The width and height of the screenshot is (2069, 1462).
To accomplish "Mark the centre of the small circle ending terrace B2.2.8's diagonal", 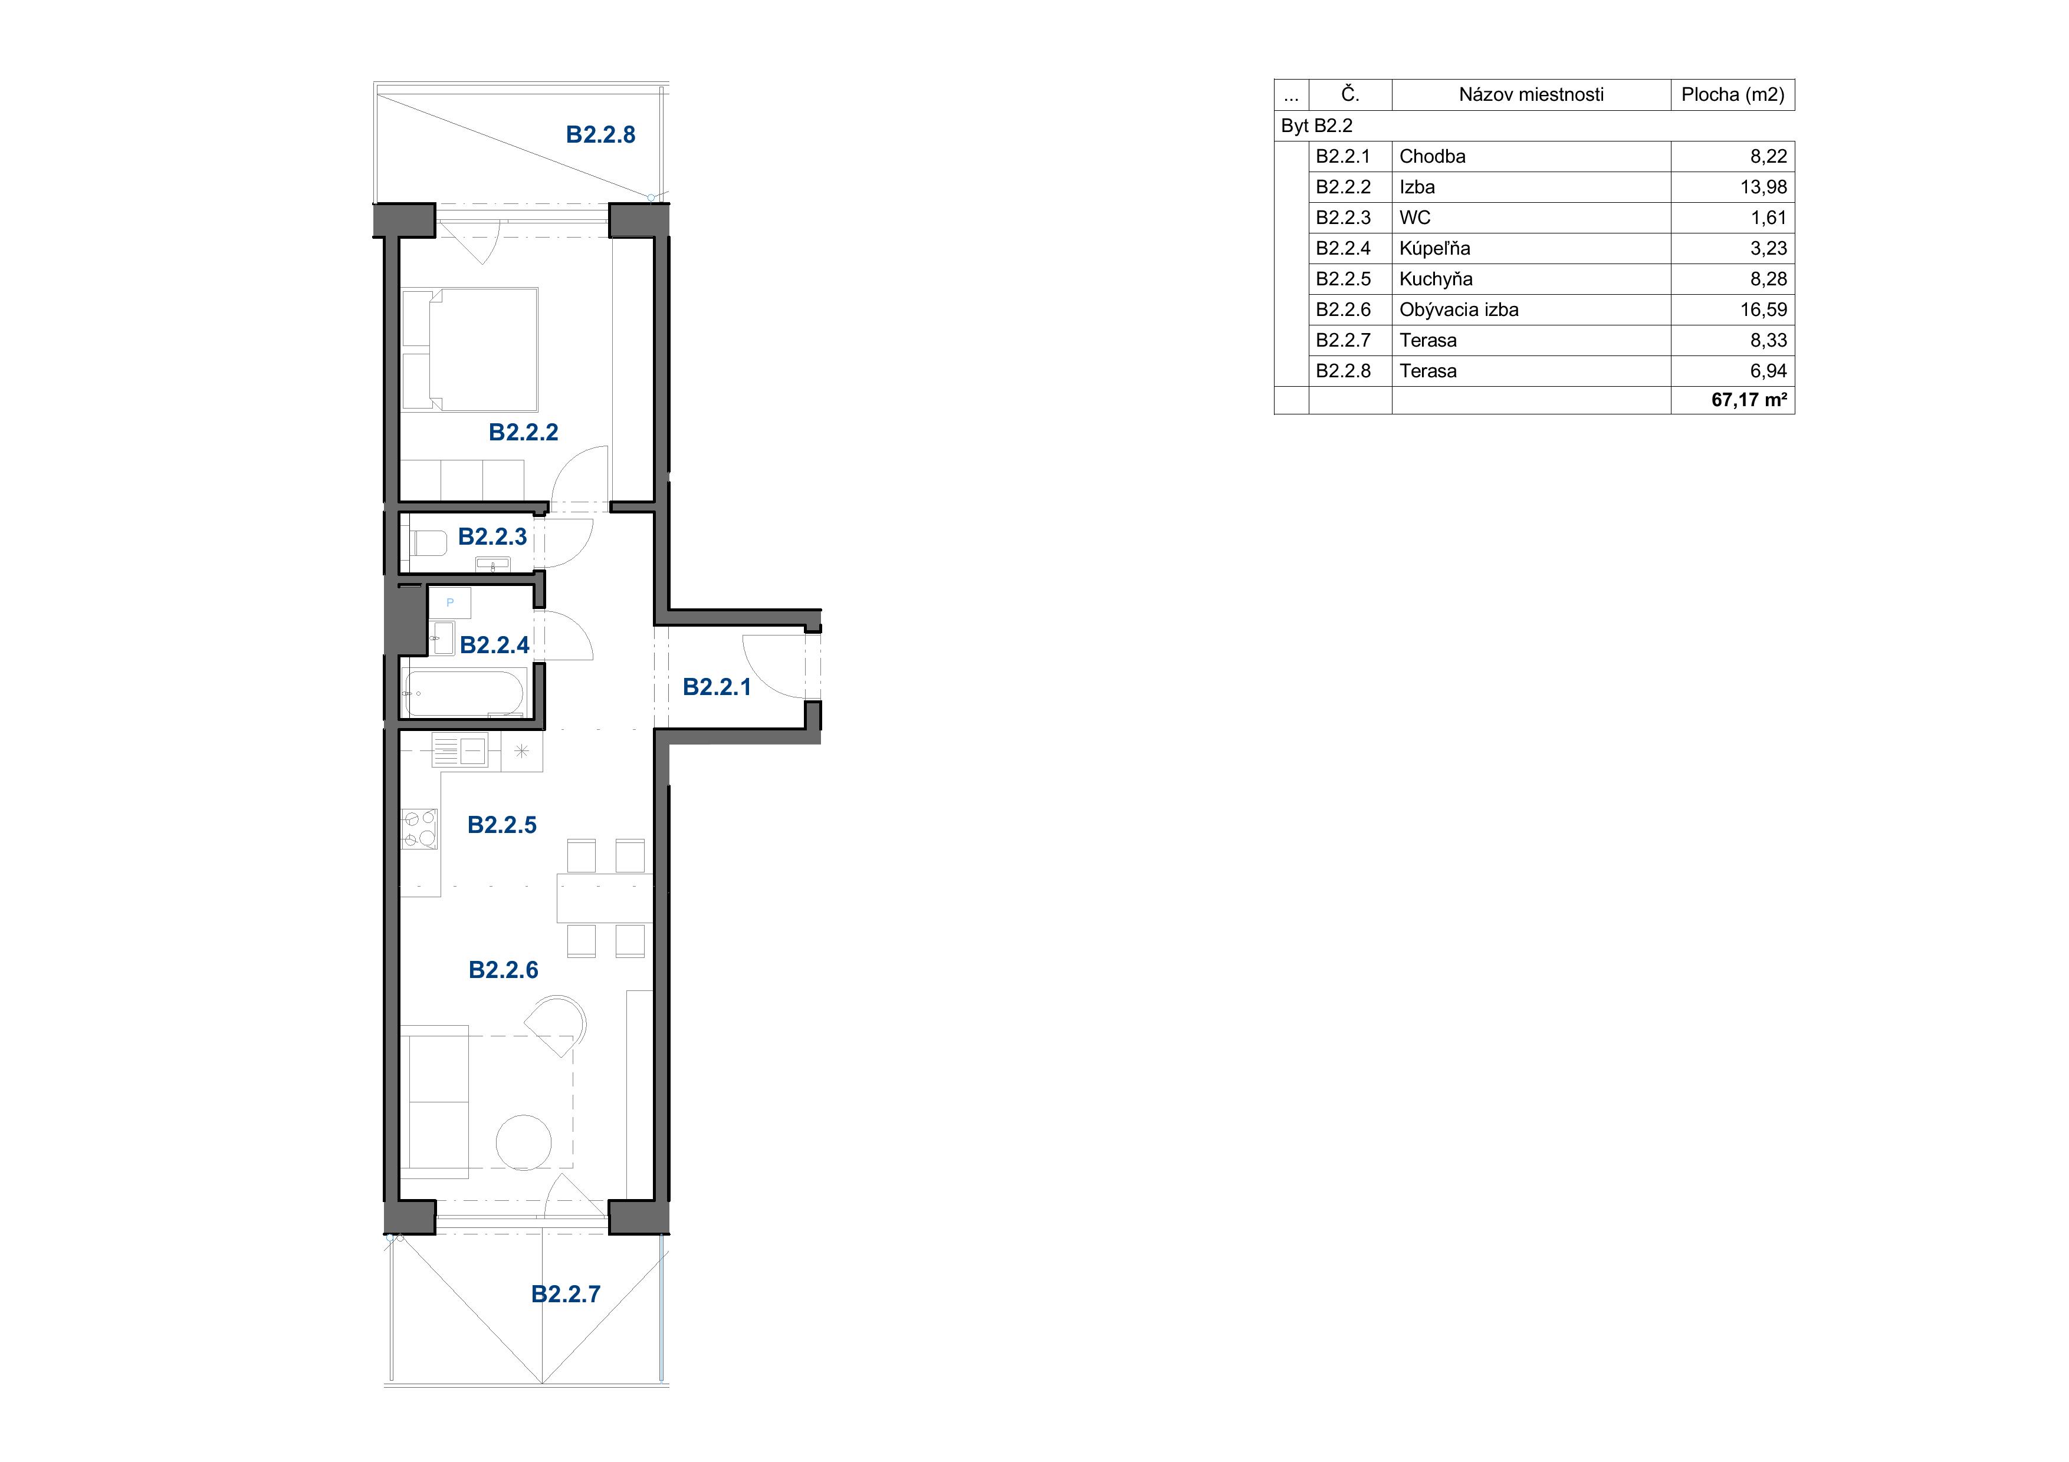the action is coord(651,196).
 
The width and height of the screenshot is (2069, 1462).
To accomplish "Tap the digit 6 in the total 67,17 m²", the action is coord(1717,400).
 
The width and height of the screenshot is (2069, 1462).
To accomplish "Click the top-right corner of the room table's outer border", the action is coord(1794,79).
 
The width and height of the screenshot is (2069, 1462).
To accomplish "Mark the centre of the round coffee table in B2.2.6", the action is coord(524,1142).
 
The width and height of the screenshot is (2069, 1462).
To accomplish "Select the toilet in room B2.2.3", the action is coord(429,543).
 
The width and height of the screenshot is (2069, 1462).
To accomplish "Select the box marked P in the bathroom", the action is coord(449,602).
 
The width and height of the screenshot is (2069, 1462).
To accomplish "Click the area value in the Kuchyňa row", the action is coord(1768,279).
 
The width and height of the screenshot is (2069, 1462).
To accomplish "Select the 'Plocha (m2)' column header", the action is coord(1732,94).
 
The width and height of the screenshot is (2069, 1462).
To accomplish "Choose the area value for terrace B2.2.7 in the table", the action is coord(1768,341).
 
